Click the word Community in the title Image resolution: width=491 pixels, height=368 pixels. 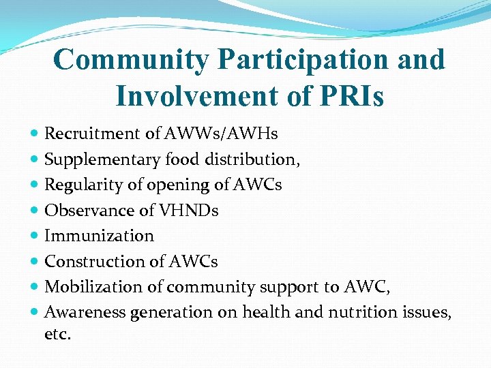[x=131, y=60]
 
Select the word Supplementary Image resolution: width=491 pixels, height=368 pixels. [x=102, y=159]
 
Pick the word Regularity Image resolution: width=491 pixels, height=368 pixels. [x=81, y=185]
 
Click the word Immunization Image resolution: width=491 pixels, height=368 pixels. [x=99, y=236]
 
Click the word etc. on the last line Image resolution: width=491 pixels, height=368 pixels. [x=57, y=335]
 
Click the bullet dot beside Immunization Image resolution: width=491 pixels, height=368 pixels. [x=35, y=236]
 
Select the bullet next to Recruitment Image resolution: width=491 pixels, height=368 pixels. [x=35, y=134]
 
